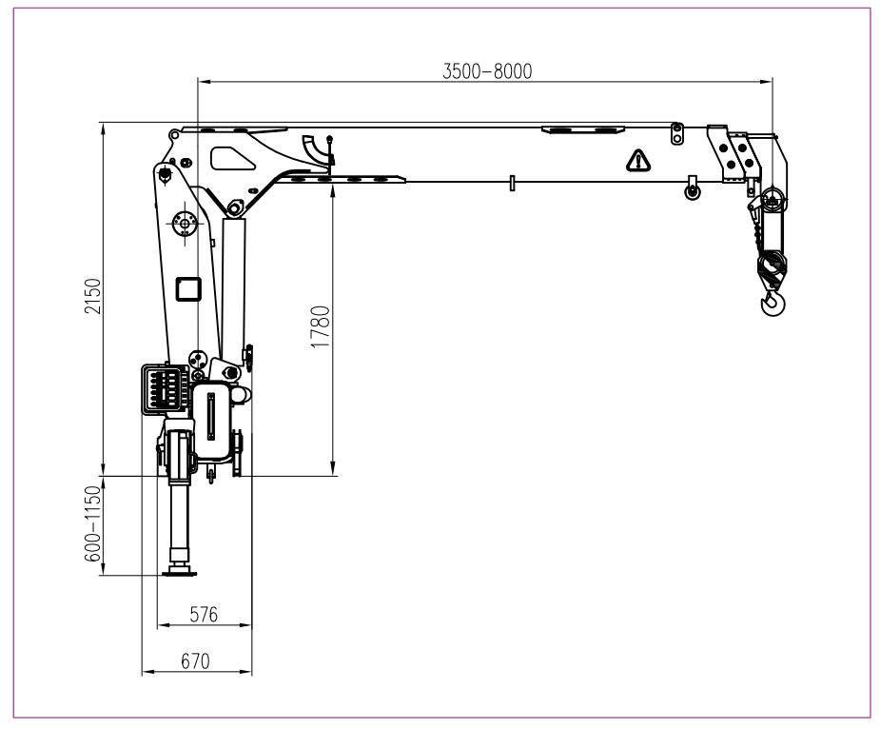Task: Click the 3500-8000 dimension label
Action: tap(487, 71)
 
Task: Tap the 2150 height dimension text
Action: tap(92, 297)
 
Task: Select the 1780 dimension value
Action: tap(321, 326)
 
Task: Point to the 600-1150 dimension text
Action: tap(92, 524)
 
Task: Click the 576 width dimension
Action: tap(204, 615)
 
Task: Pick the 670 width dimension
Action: tap(195, 661)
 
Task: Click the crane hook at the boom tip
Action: tap(773, 304)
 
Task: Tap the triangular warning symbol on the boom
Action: tap(638, 161)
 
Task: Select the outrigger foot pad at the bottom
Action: tap(180, 573)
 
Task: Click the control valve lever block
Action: tap(165, 388)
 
